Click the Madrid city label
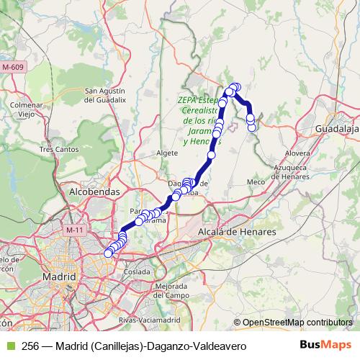[59, 276]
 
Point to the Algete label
[166, 153]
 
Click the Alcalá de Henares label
[237, 232]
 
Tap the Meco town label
[256, 181]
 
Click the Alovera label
[297, 153]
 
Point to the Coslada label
[137, 272]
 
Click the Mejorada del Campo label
[171, 291]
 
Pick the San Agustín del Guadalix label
[106, 95]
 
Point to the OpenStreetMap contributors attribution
[297, 322]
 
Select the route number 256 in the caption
[31, 346]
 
